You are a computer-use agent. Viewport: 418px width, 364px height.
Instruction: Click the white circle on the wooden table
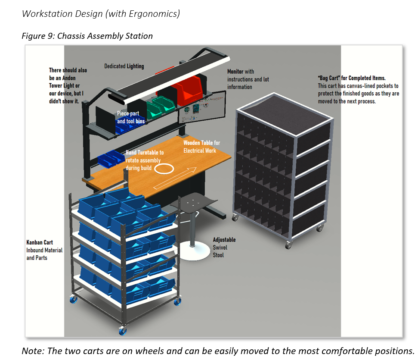(164, 169)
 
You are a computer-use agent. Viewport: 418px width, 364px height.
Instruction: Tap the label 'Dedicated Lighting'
(124, 66)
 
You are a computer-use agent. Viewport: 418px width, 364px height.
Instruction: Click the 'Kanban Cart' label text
(40, 242)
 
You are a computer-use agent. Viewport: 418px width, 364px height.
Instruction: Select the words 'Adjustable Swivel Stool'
(224, 247)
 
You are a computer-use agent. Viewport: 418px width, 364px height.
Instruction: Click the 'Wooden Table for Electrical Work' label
(201, 147)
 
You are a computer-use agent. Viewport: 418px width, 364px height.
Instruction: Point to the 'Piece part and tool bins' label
(131, 117)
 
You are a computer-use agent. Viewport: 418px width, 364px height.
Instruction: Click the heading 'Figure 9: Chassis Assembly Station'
(87, 36)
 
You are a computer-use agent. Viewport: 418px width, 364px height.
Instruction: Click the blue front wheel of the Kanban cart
(123, 331)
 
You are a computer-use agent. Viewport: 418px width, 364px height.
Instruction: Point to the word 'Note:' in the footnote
(33, 351)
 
